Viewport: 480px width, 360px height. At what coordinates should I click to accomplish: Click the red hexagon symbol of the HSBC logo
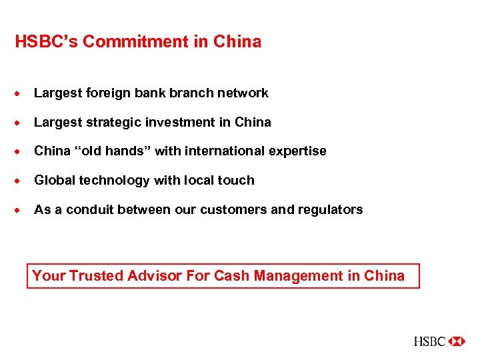457,341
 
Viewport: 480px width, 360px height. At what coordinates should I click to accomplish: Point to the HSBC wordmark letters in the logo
430,341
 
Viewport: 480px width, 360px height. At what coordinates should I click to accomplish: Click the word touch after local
238,181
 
